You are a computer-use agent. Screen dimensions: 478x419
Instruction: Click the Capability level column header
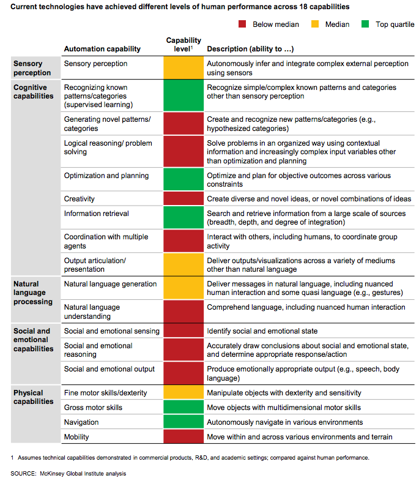(x=184, y=45)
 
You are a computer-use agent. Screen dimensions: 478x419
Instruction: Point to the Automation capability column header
(x=102, y=48)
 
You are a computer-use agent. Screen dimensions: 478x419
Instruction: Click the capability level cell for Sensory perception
(x=184, y=68)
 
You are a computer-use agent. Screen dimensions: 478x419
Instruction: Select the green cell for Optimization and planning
(x=184, y=179)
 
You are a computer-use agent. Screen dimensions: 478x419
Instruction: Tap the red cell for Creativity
(x=184, y=199)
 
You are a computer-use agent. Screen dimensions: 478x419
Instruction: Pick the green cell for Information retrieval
(x=184, y=218)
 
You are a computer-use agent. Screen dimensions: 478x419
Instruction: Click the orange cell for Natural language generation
(x=184, y=288)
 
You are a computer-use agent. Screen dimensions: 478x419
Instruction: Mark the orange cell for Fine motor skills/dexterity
(x=184, y=393)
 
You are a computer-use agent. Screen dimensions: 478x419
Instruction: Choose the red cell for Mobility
(x=184, y=437)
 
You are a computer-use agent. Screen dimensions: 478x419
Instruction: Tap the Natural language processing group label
(x=33, y=293)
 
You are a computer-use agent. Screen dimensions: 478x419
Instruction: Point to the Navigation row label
(x=81, y=422)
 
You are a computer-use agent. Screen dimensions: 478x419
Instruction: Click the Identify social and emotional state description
(x=262, y=331)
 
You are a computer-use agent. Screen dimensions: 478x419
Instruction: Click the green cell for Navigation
(x=184, y=422)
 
